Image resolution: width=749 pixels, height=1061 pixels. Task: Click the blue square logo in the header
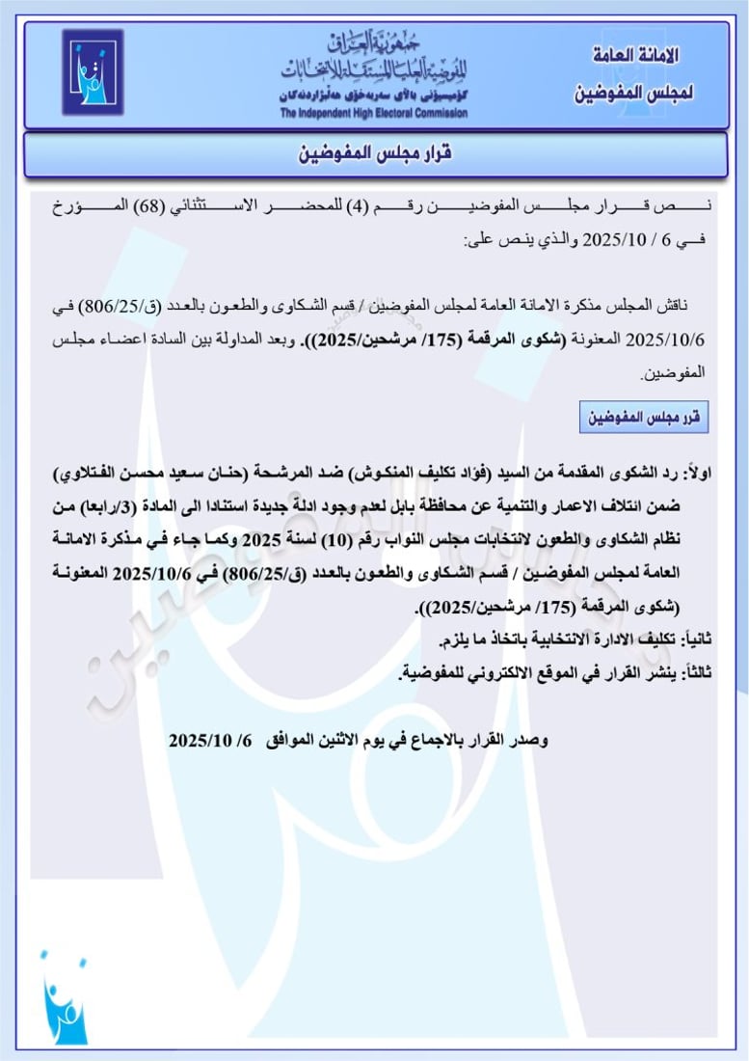pos(93,72)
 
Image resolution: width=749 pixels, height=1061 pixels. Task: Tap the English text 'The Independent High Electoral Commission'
pos(374,114)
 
